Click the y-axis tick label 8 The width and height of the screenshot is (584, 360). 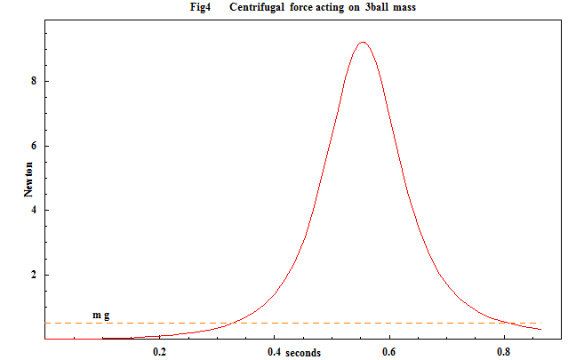(34, 81)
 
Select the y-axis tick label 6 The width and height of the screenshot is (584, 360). (34, 146)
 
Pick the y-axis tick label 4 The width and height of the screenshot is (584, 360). (34, 211)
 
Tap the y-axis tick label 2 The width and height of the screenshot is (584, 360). (34, 276)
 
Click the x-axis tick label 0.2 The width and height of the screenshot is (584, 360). (160, 353)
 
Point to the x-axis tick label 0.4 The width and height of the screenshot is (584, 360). (274, 353)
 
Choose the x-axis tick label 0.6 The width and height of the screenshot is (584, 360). (389, 353)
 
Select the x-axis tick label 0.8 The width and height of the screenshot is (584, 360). (504, 353)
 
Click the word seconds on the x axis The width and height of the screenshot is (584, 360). (303, 353)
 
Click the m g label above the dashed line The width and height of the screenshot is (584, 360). (101, 315)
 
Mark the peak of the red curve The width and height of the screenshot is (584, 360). (362, 42)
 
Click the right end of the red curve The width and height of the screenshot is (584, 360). (540, 330)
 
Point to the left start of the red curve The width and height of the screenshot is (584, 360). (102, 338)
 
